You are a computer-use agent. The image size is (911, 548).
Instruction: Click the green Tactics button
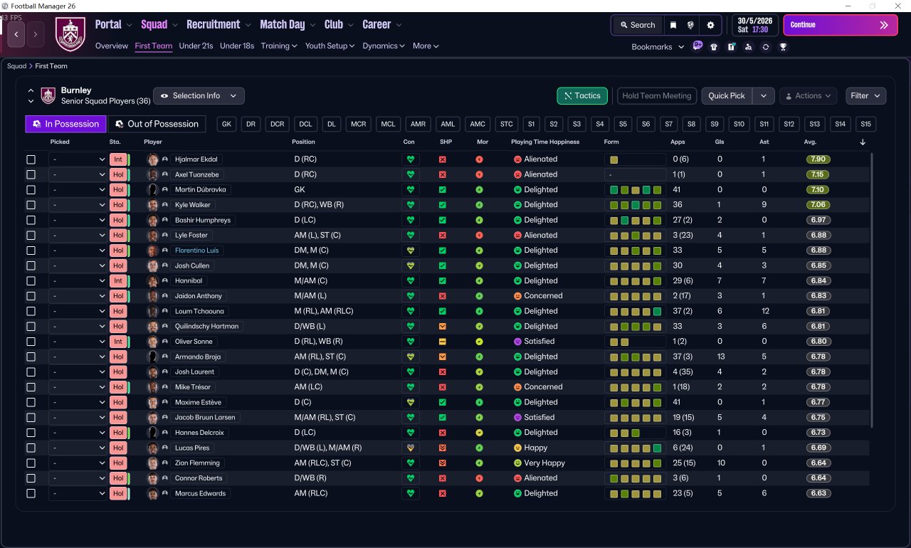(x=582, y=96)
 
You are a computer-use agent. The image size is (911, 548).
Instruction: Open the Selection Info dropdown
(x=199, y=96)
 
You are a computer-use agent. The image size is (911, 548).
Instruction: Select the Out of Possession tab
(x=157, y=124)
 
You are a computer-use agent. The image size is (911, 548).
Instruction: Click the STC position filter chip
(x=506, y=124)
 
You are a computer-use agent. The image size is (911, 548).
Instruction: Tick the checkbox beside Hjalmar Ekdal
(x=31, y=159)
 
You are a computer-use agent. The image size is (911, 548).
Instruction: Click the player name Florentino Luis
(x=196, y=251)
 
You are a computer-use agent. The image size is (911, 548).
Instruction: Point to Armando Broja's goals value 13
(x=721, y=357)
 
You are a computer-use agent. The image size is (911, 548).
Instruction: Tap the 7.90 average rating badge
(x=818, y=159)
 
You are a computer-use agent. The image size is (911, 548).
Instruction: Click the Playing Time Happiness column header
(x=545, y=142)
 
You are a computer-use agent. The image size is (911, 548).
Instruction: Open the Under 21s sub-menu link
(x=196, y=46)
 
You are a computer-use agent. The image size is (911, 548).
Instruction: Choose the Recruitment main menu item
(x=213, y=25)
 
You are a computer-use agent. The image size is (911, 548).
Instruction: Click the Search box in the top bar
(x=637, y=25)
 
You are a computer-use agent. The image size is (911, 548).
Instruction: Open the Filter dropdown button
(x=865, y=96)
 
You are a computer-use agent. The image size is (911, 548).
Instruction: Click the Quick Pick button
(x=727, y=96)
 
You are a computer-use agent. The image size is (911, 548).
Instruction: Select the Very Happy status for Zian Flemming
(x=544, y=463)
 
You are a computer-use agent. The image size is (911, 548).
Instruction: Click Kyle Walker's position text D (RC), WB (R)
(x=319, y=205)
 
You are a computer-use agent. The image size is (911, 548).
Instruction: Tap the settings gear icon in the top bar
(x=710, y=25)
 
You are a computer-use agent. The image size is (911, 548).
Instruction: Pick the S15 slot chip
(x=865, y=124)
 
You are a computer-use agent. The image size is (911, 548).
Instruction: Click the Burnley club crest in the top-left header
(x=70, y=34)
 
